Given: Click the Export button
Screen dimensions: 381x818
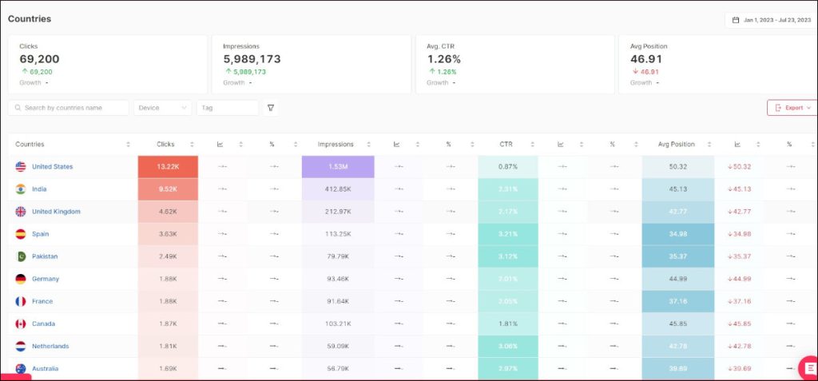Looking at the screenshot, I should (792, 108).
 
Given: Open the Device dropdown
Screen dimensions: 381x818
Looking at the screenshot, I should (162, 108).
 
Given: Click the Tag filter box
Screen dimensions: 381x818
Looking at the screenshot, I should (227, 108).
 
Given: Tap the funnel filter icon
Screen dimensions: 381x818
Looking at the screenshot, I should (271, 108).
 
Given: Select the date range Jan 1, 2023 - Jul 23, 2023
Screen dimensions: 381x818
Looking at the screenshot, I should (771, 20).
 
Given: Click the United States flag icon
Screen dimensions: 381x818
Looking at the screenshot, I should (21, 167).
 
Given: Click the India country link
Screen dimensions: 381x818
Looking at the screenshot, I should (39, 189).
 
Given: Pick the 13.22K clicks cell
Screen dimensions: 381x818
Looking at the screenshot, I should (168, 167).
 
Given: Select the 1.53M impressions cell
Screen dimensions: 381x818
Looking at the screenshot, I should (337, 167).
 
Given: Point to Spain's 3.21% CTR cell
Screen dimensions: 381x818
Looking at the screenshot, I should (507, 234).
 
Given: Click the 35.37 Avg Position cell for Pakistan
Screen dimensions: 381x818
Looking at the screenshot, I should (677, 256).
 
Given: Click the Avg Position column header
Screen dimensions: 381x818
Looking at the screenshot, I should (676, 145).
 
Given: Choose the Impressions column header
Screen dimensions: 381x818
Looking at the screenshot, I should (336, 145).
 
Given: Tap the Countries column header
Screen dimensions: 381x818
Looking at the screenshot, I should (30, 145).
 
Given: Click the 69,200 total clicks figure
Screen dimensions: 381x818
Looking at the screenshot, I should (39, 59).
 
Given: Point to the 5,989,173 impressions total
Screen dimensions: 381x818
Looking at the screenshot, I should (252, 59).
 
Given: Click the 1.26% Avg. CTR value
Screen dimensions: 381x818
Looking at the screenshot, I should (443, 59).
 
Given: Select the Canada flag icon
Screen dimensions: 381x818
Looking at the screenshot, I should (21, 323).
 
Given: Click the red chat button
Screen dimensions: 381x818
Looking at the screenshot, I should (808, 367).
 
